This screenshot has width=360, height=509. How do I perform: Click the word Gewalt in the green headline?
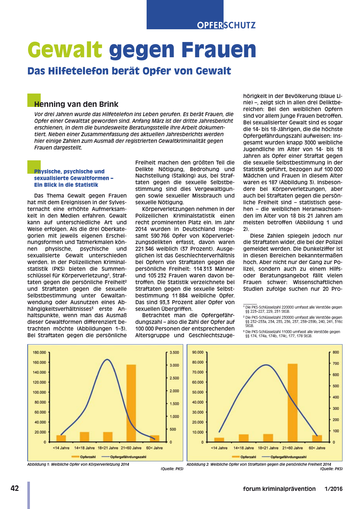point(65,50)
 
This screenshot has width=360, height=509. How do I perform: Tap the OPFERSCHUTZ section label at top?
point(226,25)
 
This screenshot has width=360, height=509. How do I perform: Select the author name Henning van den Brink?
point(76,104)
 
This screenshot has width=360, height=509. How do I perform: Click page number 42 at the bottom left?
point(15,488)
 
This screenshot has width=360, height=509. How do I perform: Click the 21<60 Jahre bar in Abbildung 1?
point(131,403)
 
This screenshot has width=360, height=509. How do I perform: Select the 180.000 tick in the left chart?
point(39,352)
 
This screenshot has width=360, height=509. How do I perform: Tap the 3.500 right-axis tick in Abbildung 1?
point(174,352)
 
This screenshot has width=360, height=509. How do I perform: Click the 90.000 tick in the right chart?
point(198,352)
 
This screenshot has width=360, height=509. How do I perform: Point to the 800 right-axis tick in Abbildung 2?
point(336,352)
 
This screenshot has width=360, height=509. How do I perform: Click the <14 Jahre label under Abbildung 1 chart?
point(61,448)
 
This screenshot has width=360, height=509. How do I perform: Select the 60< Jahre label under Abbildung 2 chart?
point(317,448)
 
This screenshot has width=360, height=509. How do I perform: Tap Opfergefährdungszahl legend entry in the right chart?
point(288,457)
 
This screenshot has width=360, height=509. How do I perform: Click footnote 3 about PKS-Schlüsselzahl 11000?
point(293,334)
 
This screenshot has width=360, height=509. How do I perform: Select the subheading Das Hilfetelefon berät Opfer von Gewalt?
point(129,71)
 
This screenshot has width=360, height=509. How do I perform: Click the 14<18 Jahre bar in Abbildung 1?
point(84,437)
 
